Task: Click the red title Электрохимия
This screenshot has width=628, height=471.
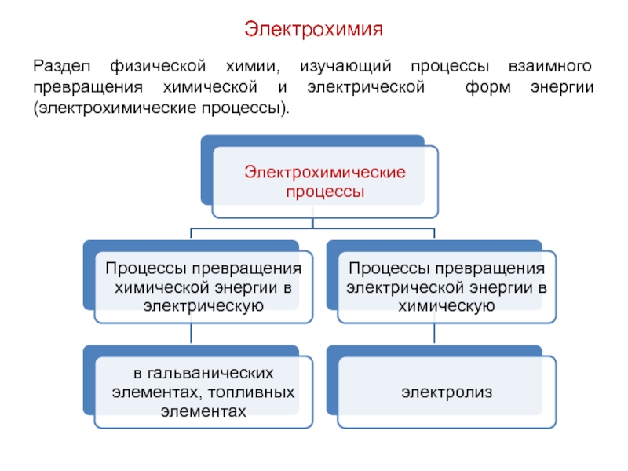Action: pos(313,29)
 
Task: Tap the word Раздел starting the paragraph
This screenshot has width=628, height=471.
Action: pos(62,67)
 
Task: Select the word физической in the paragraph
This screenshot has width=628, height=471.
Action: pos(158,67)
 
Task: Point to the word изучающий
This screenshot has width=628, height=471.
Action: pos(345,67)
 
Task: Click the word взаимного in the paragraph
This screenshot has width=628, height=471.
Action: pos(550,66)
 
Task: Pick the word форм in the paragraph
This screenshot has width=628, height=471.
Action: pos(487,87)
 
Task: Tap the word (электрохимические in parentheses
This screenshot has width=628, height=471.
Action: pos(115,108)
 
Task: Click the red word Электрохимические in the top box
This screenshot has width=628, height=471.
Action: pos(325,172)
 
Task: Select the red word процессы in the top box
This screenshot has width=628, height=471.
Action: pos(325,192)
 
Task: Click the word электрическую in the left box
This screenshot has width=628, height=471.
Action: pos(203,306)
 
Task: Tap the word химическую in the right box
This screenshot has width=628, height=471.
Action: pos(447,306)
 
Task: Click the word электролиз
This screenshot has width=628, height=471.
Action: pos(447,392)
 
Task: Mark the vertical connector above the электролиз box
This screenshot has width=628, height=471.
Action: pos(434,333)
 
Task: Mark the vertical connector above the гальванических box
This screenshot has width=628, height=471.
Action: pos(191,333)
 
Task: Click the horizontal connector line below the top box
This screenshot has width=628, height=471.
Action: pos(312,228)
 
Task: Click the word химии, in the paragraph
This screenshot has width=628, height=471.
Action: pos(253,67)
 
